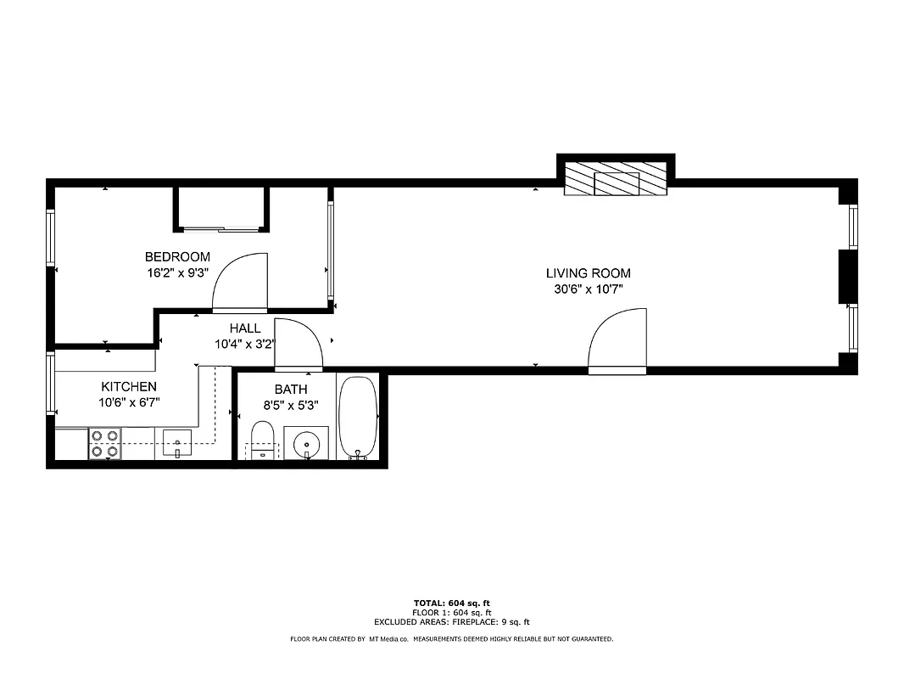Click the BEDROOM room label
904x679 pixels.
(177, 257)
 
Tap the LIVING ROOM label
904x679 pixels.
(588, 273)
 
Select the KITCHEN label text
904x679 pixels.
(129, 387)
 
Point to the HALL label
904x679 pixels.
(245, 328)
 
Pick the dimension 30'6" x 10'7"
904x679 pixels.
(588, 289)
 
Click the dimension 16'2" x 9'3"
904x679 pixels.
(177, 273)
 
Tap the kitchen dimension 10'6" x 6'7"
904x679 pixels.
(129, 403)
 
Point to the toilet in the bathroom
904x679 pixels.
(263, 441)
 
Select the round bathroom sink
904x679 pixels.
(305, 444)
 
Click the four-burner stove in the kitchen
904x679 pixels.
(104, 444)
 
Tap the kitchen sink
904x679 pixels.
(176, 442)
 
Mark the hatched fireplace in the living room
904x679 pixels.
(616, 179)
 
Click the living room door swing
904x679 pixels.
(619, 341)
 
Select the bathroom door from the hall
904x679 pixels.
(299, 345)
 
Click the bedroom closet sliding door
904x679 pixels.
(220, 228)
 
